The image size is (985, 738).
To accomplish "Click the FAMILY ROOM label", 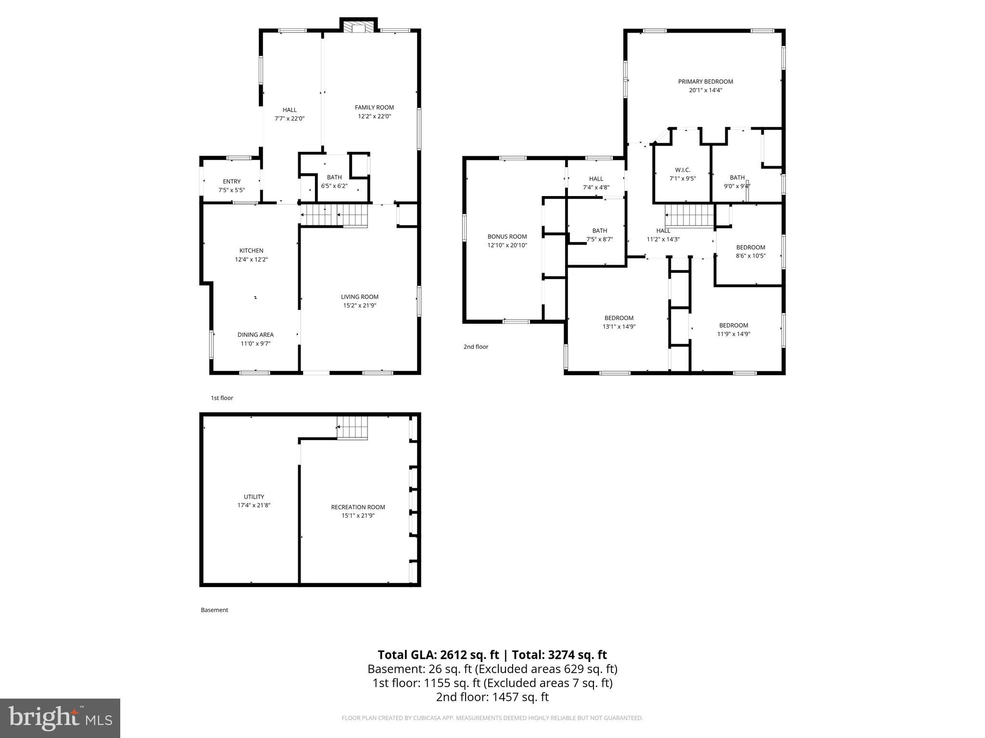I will (374, 108).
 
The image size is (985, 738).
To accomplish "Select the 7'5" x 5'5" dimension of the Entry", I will (231, 190).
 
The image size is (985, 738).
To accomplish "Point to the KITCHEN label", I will (251, 250).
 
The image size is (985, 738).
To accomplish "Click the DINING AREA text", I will (255, 335).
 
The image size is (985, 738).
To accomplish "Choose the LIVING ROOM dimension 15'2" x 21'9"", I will (359, 306).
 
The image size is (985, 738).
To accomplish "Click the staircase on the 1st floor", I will (334, 215).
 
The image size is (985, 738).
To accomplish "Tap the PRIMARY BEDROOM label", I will (706, 82).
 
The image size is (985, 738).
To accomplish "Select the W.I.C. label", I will (682, 170).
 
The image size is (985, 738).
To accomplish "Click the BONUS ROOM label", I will (507, 236).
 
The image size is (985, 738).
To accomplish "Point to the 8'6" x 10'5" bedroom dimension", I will (750, 256).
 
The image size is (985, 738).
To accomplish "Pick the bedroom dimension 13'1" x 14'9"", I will (619, 327).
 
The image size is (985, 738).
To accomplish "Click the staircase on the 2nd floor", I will (688, 215).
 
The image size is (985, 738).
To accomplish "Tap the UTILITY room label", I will (253, 497).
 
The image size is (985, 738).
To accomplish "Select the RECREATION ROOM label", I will (358, 507).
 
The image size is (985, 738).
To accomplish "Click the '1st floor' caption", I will (222, 398).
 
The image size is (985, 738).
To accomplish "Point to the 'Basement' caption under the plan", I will (215, 610).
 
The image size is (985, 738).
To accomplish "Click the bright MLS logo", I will (60, 718).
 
